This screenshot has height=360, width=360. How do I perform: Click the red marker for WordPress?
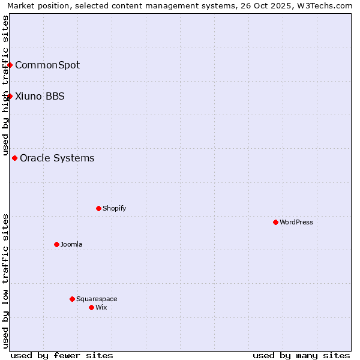pos(275,222)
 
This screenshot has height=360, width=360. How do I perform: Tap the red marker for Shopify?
pos(98,208)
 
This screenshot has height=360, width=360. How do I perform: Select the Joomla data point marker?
pos(56,244)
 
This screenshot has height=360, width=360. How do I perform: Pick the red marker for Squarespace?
pos(72,299)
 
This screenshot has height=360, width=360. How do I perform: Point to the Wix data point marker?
pos(91,307)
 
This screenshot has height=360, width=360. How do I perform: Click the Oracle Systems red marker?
pos(14,158)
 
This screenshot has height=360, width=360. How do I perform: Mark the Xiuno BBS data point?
pos(10,96)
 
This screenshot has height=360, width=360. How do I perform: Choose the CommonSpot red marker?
pos(10,65)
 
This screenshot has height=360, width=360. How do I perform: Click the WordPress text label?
pos(296,222)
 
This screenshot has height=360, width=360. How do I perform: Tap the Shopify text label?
pos(114,208)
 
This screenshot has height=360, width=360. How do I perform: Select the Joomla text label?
pos(71,244)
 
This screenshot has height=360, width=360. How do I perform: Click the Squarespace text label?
pos(97,299)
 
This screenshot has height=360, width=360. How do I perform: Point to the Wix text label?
pos(101,307)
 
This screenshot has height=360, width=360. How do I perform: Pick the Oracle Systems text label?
pos(57,158)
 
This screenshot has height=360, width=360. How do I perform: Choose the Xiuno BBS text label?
pos(40,96)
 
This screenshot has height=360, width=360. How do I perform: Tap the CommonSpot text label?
pos(47,65)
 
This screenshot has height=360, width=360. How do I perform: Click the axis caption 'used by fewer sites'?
pos(62,355)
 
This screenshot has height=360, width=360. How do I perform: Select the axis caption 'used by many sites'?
pos(301,355)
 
